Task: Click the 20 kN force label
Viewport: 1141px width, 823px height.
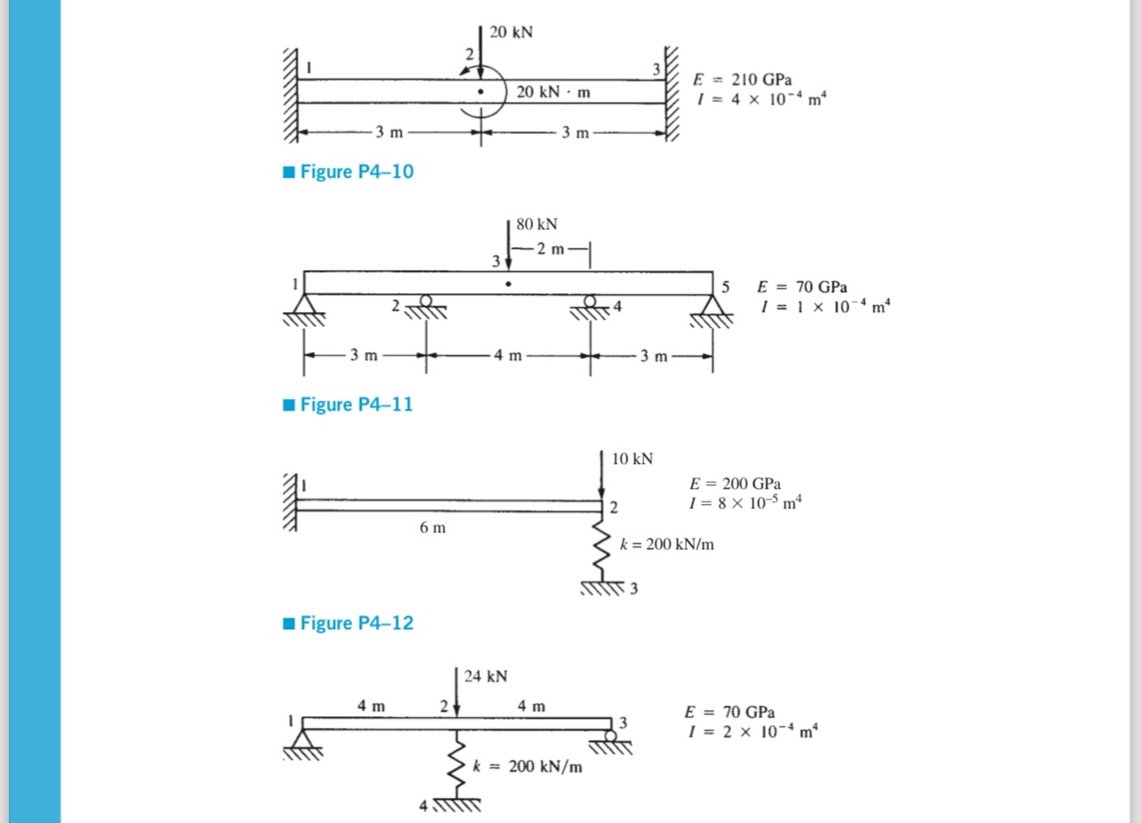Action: (x=512, y=32)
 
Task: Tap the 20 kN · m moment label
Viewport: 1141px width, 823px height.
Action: (x=554, y=92)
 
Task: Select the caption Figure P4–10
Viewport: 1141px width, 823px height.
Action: (x=356, y=172)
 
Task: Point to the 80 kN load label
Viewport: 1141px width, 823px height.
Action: (x=537, y=224)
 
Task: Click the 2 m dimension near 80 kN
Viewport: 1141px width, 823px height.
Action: (x=551, y=249)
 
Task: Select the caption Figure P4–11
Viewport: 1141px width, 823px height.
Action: (x=356, y=404)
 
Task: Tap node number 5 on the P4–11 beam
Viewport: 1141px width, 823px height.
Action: (x=726, y=287)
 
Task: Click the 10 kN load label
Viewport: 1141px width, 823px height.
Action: (x=632, y=459)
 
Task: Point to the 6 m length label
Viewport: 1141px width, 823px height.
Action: (x=433, y=528)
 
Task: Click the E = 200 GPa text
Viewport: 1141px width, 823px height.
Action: (x=735, y=484)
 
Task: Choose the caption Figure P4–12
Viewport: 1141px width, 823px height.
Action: (x=356, y=623)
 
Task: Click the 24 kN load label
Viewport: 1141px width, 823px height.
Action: (x=486, y=676)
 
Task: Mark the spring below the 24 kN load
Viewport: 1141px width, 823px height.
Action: (x=459, y=769)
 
